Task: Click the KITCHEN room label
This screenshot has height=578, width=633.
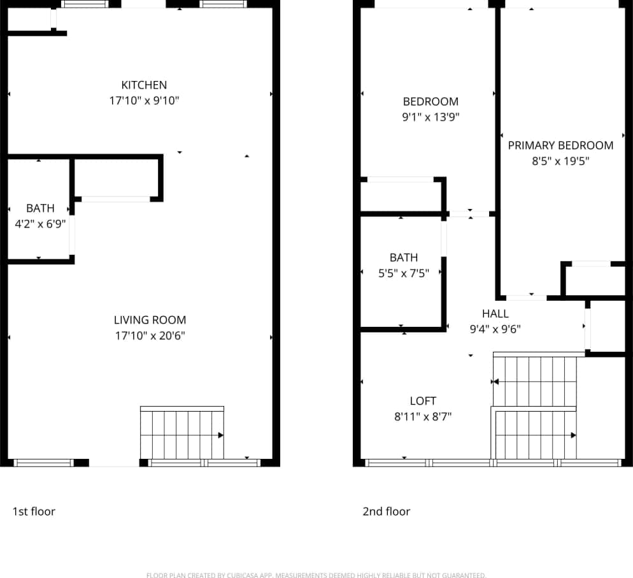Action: click(144, 85)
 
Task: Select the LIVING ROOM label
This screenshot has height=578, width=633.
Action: click(150, 320)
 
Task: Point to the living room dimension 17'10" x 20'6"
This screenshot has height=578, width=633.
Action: click(150, 336)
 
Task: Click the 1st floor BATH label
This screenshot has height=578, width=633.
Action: click(40, 208)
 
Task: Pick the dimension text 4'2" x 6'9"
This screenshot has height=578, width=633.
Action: click(40, 224)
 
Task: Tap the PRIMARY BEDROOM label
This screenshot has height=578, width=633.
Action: click(560, 145)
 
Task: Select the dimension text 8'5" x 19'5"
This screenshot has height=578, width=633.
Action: click(560, 161)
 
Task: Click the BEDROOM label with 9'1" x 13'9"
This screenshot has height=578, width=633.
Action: click(430, 101)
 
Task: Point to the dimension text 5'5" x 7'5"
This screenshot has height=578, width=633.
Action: click(404, 273)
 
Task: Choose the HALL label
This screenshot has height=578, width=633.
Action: click(495, 314)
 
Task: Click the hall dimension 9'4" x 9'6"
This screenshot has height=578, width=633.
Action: click(495, 329)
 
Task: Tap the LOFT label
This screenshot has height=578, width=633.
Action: click(423, 401)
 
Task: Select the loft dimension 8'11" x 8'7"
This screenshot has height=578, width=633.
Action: click(423, 417)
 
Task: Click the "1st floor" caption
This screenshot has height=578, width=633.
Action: click(34, 511)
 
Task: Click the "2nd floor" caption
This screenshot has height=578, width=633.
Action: click(386, 511)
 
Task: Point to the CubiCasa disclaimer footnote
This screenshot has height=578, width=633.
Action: click(316, 575)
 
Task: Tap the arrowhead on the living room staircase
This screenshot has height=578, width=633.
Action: click(220, 435)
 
